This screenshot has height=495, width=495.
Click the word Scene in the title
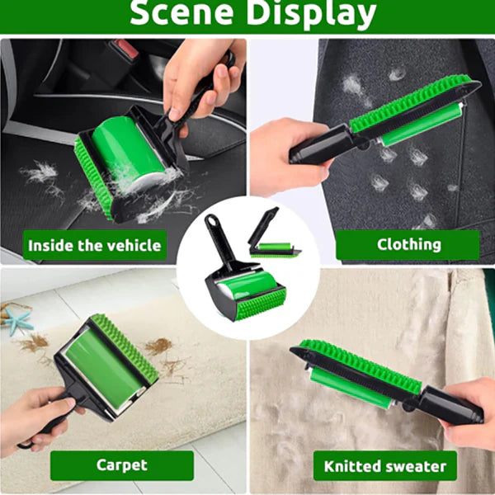pyautogui.click(x=181, y=12)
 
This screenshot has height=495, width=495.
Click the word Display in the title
pyautogui.click(x=311, y=14)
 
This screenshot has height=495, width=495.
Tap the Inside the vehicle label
pyautogui.click(x=94, y=245)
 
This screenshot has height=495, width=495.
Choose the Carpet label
pyautogui.click(x=122, y=465)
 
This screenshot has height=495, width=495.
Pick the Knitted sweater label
pyautogui.click(x=384, y=466)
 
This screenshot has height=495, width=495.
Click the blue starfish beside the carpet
pyautogui.click(x=17, y=321)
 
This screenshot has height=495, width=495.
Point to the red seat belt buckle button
pyautogui.click(x=126, y=49)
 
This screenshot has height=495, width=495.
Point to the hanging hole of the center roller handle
pyautogui.click(x=210, y=218)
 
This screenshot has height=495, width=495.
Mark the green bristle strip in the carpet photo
pyautogui.click(x=125, y=349)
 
